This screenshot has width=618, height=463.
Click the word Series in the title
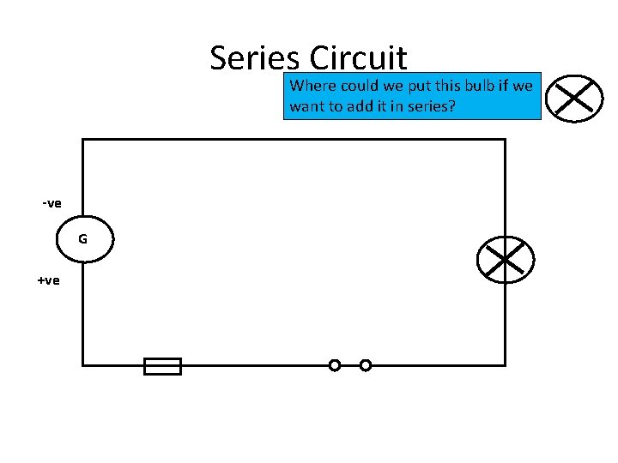(255, 58)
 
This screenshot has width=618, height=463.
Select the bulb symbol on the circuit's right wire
(506, 259)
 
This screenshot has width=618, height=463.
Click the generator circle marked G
(82, 239)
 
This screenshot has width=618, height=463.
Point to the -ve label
(51, 203)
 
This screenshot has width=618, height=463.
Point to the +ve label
(49, 280)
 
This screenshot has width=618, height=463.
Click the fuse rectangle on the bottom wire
(162, 366)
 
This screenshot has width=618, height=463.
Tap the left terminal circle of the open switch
(335, 365)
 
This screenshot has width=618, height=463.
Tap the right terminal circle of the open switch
(366, 365)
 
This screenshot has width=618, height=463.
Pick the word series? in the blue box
(432, 107)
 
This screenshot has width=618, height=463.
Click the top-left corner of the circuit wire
(83, 140)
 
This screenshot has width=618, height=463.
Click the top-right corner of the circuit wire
(505, 140)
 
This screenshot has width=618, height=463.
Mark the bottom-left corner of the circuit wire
(83, 365)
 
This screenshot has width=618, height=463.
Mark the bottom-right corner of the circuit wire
(505, 365)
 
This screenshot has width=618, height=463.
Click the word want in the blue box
(306, 107)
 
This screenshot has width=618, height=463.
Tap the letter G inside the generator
(82, 239)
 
